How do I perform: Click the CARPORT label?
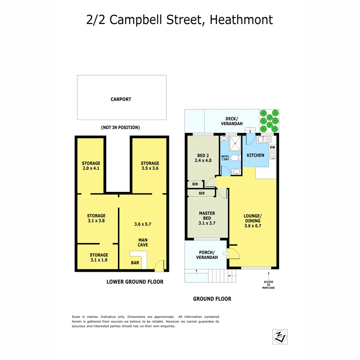point(121,99)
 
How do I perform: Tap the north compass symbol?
point(280,337)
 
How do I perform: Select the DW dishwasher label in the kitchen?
point(272,147)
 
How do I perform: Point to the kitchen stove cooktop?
point(273,155)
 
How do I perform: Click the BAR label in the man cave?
point(135,263)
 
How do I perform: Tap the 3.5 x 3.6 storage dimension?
point(150,169)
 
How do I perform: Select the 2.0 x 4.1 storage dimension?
point(91,169)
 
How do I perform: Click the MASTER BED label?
point(207,216)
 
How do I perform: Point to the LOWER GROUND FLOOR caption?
point(135,282)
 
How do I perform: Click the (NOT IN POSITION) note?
point(120,127)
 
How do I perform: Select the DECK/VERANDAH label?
point(231,121)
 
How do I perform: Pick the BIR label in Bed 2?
point(195,184)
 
